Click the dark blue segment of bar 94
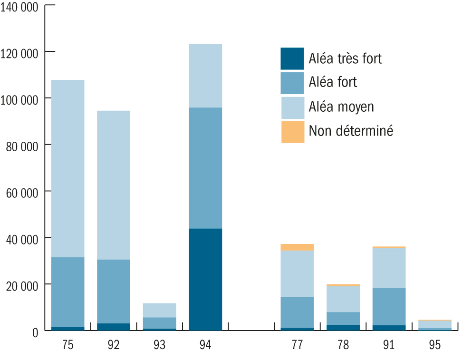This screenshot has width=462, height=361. point(205,279)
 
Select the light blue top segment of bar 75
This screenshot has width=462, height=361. point(67,168)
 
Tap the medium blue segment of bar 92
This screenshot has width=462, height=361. point(114,291)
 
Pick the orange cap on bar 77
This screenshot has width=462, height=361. point(297,247)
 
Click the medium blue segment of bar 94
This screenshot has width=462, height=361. point(205,168)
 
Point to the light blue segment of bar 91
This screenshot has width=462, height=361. point(389,268)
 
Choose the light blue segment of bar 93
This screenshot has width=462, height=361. point(160,310)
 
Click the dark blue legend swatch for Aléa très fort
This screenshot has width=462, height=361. point(292,59)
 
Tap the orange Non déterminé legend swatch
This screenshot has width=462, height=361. point(292,132)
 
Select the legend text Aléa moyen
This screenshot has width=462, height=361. point(341,107)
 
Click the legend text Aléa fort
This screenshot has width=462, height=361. point(333,82)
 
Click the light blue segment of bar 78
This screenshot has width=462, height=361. point(343,299)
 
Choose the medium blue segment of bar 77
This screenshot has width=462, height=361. point(297,312)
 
